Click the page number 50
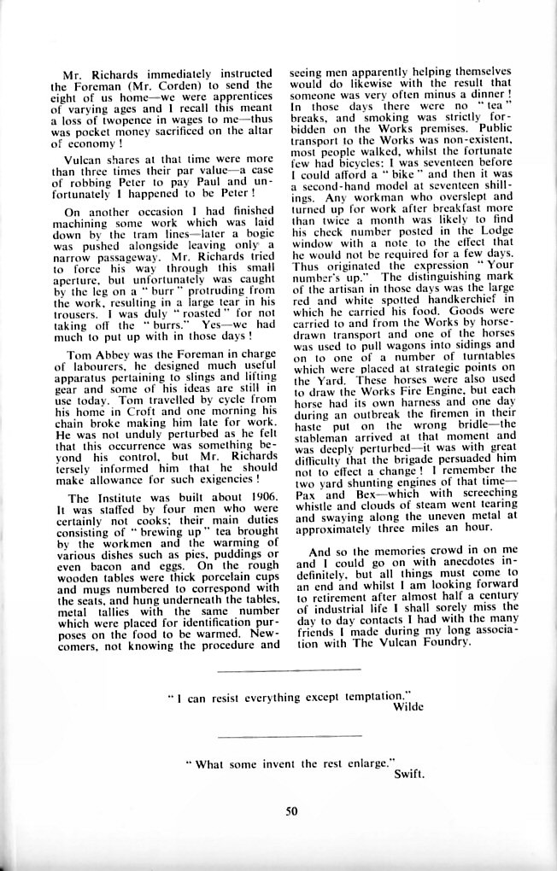coord(291,811)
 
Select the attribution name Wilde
coord(407,708)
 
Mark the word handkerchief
coord(470,303)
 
